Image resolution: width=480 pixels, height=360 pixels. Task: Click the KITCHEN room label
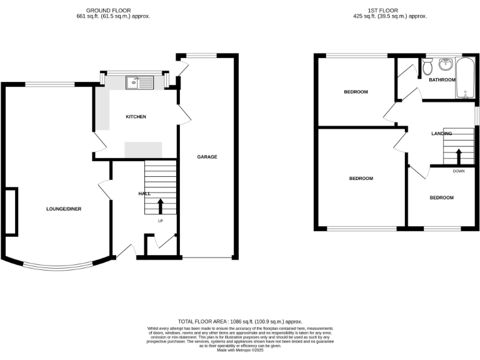[136, 117]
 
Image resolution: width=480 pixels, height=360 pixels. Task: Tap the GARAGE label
[207, 157]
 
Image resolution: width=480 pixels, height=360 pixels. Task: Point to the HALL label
[144, 194]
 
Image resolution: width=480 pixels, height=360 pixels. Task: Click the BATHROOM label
[442, 80]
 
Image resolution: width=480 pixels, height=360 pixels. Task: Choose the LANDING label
[442, 134]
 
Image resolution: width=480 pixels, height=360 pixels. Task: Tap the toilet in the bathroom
[427, 65]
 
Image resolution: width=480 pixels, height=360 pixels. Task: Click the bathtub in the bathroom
[466, 78]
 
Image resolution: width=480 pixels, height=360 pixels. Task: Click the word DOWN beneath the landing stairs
[458, 171]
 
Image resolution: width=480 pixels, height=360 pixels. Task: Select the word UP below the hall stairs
[160, 221]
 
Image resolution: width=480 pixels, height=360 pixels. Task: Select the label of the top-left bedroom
[356, 92]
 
